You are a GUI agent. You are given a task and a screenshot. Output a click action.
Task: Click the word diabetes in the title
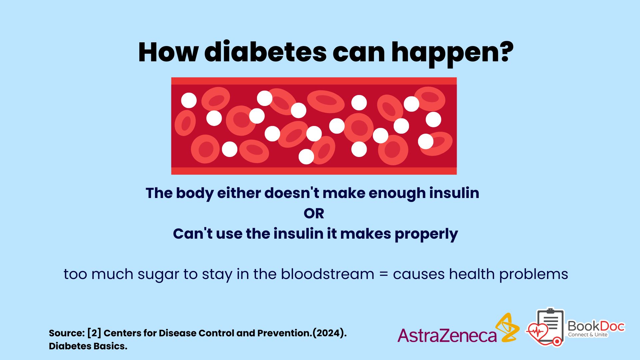pos(265,52)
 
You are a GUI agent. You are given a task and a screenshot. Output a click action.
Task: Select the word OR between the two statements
pos(314,213)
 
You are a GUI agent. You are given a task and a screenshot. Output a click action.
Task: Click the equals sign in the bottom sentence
pos(384,274)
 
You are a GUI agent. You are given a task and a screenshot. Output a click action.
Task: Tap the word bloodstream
pos(327,274)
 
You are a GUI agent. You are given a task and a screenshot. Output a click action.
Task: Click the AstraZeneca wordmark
pos(447,335)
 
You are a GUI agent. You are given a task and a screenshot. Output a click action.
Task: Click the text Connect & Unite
pos(588,335)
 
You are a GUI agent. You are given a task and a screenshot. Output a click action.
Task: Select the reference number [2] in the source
pos(94,333)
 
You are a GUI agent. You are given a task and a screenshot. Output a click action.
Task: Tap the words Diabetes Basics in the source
pos(88,346)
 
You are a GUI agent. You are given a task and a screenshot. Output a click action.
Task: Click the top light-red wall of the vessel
pos(314,81)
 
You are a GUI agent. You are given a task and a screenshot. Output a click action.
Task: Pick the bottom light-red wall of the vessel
pos(314,171)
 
